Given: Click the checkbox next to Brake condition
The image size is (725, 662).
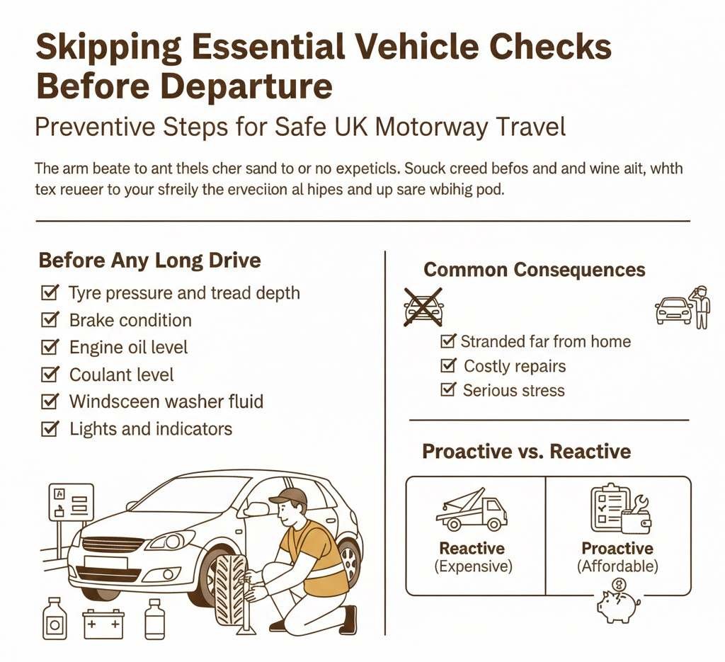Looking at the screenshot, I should (50, 320).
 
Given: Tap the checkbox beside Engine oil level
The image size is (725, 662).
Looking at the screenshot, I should (50, 347).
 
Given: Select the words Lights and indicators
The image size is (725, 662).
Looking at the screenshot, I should (150, 428).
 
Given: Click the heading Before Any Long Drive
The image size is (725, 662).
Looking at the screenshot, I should (149, 260).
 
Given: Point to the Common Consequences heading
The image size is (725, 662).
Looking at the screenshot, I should (534, 270).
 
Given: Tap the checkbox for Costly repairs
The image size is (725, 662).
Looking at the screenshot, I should (447, 366).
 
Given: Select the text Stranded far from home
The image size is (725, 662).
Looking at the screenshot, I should (545, 341).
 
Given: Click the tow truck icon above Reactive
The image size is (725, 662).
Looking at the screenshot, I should (471, 510).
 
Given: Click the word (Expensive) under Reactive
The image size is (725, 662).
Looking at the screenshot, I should (472, 566).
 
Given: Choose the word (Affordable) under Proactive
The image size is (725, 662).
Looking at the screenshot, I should (617, 566).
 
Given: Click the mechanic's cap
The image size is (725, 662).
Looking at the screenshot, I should (289, 496).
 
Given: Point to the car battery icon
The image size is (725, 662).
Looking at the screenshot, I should (103, 623).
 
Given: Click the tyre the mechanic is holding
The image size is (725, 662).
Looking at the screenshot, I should (230, 588).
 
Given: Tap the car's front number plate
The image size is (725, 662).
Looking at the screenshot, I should (105, 563).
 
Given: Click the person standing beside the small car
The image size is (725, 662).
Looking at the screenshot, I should (701, 307).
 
